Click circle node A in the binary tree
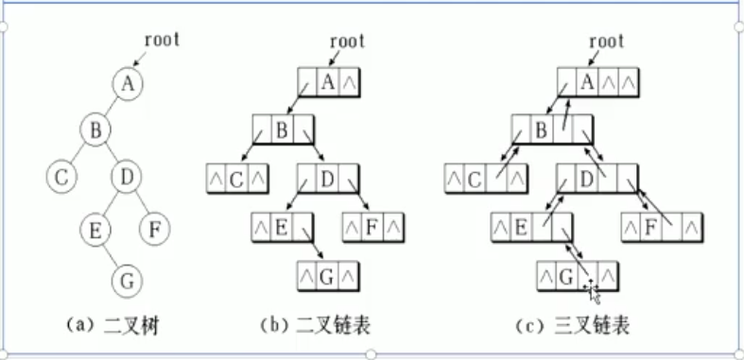(129, 83)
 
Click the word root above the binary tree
(162, 40)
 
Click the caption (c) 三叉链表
(573, 326)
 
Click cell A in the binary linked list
(327, 82)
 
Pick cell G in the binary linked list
(327, 277)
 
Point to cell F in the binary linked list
(372, 226)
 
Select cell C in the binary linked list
(236, 176)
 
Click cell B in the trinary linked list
(541, 128)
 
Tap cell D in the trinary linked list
(586, 176)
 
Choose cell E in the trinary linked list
(520, 226)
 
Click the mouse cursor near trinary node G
(593, 288)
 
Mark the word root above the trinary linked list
(606, 41)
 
